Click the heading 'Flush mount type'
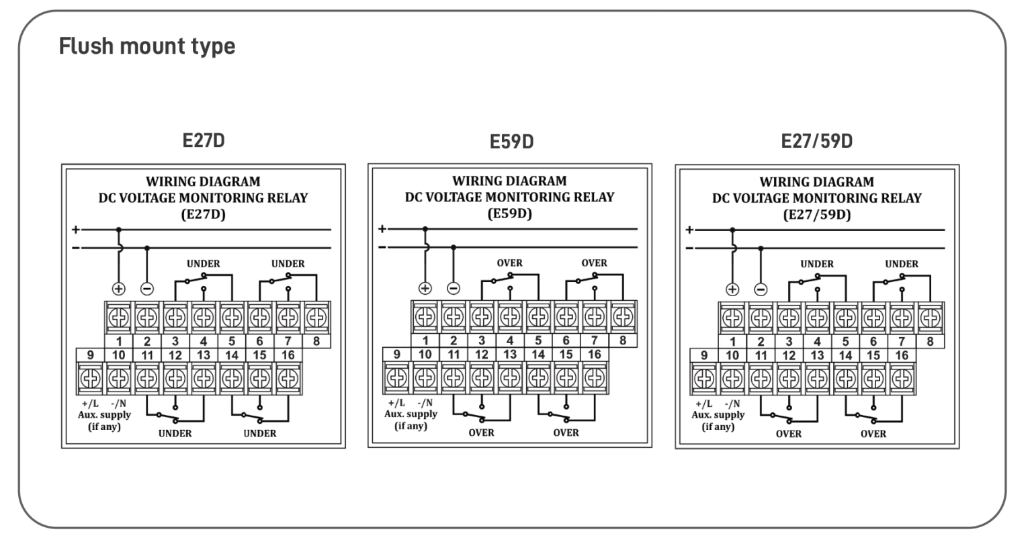(147, 46)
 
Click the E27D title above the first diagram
(204, 140)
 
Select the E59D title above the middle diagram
(511, 142)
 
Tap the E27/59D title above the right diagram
(816, 141)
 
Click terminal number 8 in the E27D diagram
(316, 340)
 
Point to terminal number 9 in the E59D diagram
(396, 354)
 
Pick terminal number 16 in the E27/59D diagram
(902, 355)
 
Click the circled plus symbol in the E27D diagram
(118, 289)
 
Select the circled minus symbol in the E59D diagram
(454, 288)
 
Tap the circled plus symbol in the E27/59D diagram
(732, 289)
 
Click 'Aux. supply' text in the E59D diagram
(411, 414)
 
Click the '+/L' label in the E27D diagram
(89, 403)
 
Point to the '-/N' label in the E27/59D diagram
(732, 403)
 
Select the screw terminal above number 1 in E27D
(118, 316)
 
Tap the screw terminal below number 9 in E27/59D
(704, 379)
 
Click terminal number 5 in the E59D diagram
(538, 340)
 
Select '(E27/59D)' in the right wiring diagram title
(816, 215)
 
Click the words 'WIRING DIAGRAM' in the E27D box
(203, 181)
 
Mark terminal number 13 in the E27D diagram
(204, 355)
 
